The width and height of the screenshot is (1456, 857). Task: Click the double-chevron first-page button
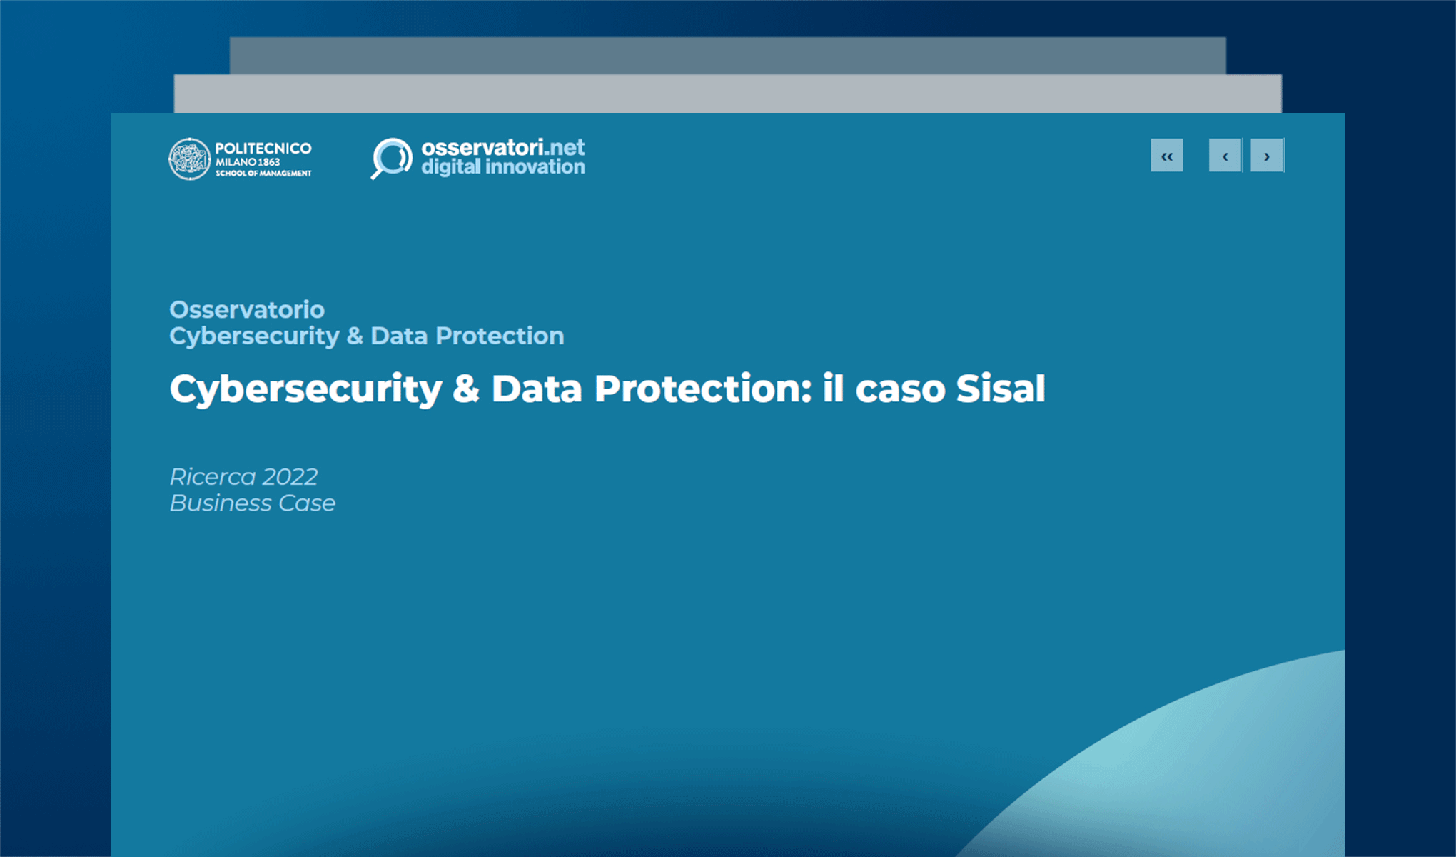pyautogui.click(x=1166, y=156)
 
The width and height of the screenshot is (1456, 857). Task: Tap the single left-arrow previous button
pyautogui.click(x=1225, y=156)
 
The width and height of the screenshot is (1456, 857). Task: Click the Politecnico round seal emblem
pyautogui.click(x=189, y=159)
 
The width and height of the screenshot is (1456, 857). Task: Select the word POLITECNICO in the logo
pyautogui.click(x=263, y=148)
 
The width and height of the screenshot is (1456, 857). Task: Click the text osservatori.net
pyautogui.click(x=502, y=147)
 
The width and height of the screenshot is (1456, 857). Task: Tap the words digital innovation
pyautogui.click(x=502, y=167)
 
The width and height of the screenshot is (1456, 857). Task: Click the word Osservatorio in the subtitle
pyautogui.click(x=247, y=309)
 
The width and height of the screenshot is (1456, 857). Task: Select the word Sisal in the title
pyautogui.click(x=1000, y=389)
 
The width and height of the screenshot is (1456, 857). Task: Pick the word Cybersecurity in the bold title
pyautogui.click(x=305, y=390)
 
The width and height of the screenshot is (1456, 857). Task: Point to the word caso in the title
pyautogui.click(x=900, y=390)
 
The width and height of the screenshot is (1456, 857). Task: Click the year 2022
pyautogui.click(x=290, y=476)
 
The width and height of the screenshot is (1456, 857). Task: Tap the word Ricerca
pyautogui.click(x=213, y=476)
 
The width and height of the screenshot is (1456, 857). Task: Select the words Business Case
pyautogui.click(x=253, y=503)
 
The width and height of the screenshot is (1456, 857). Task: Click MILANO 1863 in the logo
pyautogui.click(x=248, y=162)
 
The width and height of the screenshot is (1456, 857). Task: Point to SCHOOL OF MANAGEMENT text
pyautogui.click(x=263, y=174)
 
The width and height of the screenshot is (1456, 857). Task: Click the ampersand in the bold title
pyautogui.click(x=466, y=389)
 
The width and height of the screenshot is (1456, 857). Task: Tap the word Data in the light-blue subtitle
pyautogui.click(x=399, y=336)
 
